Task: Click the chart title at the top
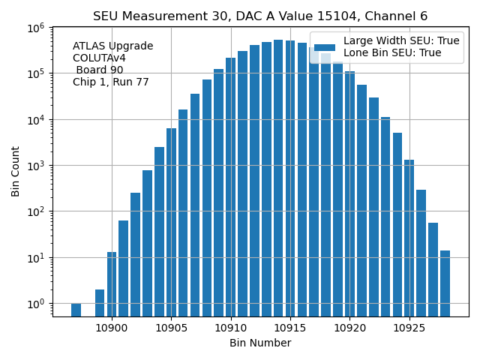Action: pyautogui.click(x=260, y=16)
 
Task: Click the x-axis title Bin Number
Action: pyautogui.click(x=260, y=343)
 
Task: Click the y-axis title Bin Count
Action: pyautogui.click(x=16, y=172)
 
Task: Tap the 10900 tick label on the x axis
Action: pyautogui.click(x=112, y=328)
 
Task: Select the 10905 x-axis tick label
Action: pyautogui.click(x=171, y=328)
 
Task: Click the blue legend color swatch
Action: pyautogui.click(x=325, y=46)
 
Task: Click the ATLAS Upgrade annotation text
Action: pyautogui.click(x=112, y=46)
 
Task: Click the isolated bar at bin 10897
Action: pyautogui.click(x=76, y=310)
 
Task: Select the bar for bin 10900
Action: pyautogui.click(x=112, y=284)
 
